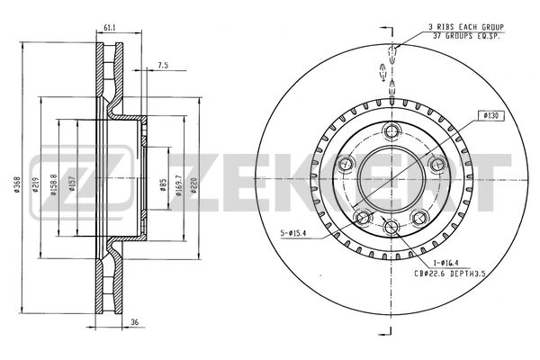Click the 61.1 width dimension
(x=107, y=28)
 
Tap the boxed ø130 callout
(x=490, y=115)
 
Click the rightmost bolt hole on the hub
(x=438, y=163)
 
